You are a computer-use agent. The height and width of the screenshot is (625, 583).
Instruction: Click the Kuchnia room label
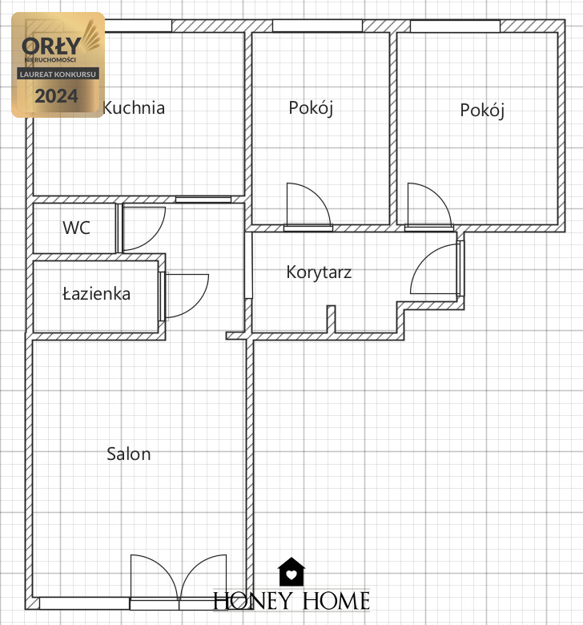click(x=134, y=108)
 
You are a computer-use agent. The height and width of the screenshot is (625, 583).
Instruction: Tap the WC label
click(x=76, y=228)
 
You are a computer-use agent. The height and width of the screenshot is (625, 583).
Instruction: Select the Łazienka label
click(x=96, y=294)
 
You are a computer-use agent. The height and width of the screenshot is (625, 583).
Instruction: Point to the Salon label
click(x=129, y=454)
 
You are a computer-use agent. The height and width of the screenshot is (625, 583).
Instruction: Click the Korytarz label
click(x=319, y=272)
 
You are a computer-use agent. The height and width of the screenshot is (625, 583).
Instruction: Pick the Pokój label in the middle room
click(x=311, y=108)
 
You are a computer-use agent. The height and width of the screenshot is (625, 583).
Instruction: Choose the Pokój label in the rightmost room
click(x=482, y=111)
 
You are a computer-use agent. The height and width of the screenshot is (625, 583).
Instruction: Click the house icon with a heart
click(x=291, y=571)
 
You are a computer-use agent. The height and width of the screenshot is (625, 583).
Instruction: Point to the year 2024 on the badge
click(x=56, y=96)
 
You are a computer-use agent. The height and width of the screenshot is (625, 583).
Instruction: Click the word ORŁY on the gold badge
click(x=51, y=46)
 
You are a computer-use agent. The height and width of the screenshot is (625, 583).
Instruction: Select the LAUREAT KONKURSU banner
click(x=58, y=75)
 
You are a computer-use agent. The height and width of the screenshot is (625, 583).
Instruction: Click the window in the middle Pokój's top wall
click(x=317, y=26)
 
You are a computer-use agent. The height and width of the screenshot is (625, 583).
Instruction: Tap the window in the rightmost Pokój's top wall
click(x=455, y=26)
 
